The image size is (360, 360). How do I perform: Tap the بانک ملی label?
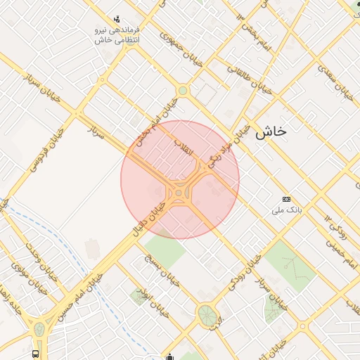point(287,210)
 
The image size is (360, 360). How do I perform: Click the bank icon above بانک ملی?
point(285,200)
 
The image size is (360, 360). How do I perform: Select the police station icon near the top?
point(117,19)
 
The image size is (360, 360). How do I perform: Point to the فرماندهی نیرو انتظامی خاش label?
point(117,35)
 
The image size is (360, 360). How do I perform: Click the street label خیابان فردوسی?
point(39,149)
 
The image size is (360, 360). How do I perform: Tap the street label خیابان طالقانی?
point(250,80)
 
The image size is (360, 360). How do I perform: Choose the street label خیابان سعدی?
point(333,83)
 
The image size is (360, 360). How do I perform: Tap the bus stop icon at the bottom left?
point(36,354)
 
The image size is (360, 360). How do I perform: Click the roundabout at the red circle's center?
point(180,191)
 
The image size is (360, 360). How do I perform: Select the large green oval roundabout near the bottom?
point(206,314)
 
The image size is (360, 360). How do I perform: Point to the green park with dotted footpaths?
point(289,265)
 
